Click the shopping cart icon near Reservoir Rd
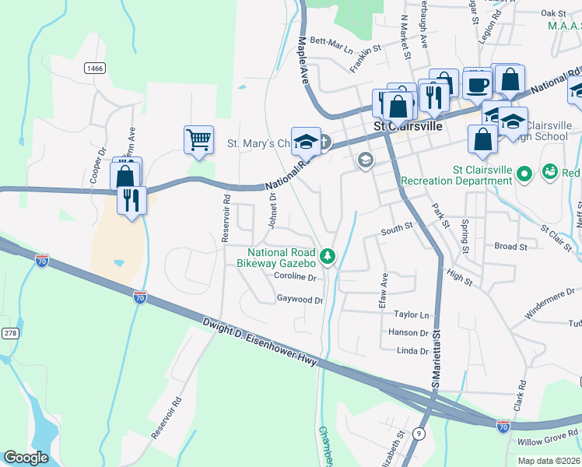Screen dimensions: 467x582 pyautogui.click(x=199, y=141)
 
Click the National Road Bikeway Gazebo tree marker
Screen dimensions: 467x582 pyautogui.click(x=328, y=255)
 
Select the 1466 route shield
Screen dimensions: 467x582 pyautogui.click(x=95, y=68)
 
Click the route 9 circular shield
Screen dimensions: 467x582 pyautogui.click(x=420, y=433)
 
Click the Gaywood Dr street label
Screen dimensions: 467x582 pyautogui.click(x=300, y=299)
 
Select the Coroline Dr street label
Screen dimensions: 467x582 pyautogui.click(x=295, y=276)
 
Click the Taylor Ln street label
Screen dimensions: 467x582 pyautogui.click(x=412, y=315)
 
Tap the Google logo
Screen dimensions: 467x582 pyautogui.click(x=26, y=457)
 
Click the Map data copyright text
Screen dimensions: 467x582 pyautogui.click(x=549, y=461)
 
